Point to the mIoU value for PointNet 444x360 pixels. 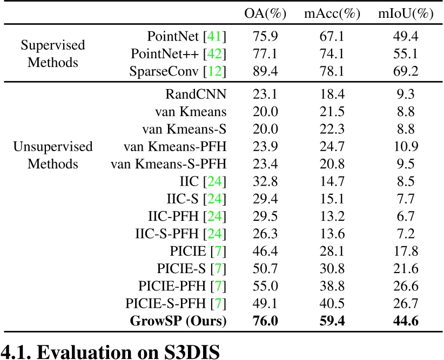pyautogui.click(x=406, y=37)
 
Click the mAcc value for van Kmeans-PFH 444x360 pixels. pyautogui.click(x=332, y=146)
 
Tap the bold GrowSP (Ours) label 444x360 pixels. pyautogui.click(x=178, y=322)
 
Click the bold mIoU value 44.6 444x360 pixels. pyautogui.click(x=406, y=322)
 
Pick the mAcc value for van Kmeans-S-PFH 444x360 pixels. pyautogui.click(x=332, y=164)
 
